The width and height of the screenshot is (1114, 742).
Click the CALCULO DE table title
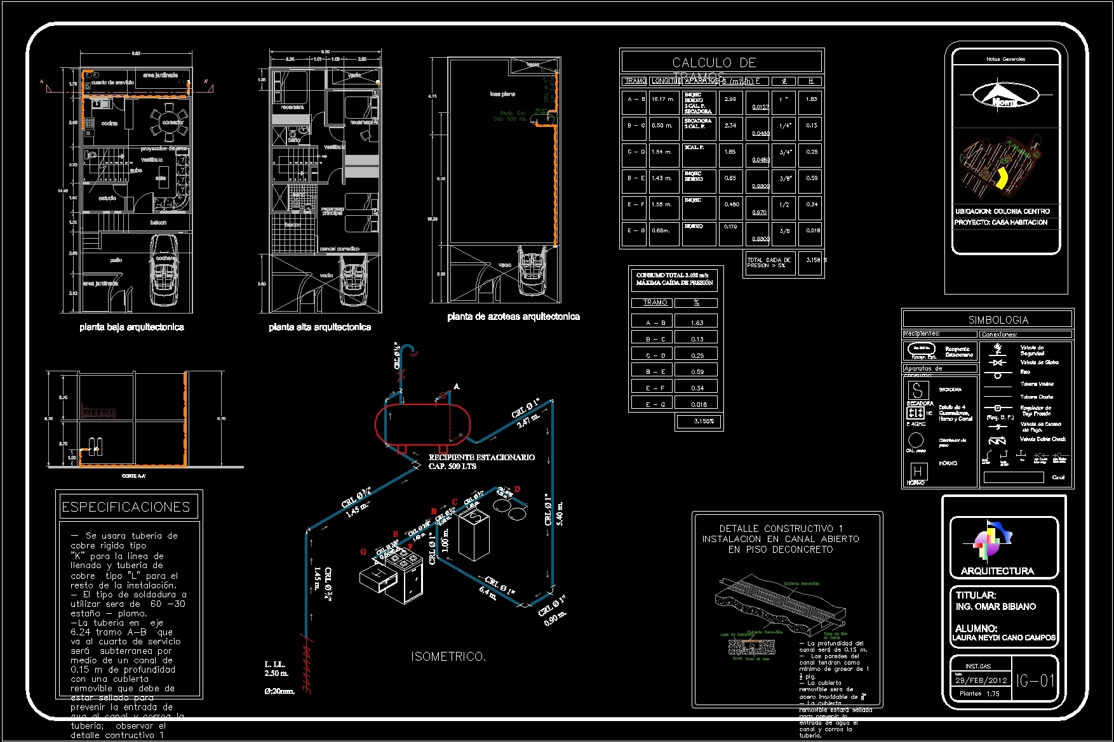[x=714, y=62]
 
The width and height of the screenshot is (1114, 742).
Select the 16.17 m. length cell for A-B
[x=662, y=99]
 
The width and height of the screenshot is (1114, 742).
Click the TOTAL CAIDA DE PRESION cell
[x=768, y=262]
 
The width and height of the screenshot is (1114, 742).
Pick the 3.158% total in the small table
[x=699, y=421]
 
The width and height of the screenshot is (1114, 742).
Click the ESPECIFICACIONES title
[x=126, y=507]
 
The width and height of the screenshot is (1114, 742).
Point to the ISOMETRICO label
[x=448, y=656]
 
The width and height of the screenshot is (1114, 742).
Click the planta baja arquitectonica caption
[x=131, y=327]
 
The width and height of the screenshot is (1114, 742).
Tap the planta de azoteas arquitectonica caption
[x=513, y=316]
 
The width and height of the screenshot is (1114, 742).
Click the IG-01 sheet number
[x=1035, y=681]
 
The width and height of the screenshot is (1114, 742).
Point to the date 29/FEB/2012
[x=981, y=680]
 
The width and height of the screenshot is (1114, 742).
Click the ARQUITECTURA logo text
[x=997, y=571]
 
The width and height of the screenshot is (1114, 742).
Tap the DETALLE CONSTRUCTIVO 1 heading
[x=781, y=528]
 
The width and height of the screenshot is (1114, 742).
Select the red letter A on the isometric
[x=456, y=386]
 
